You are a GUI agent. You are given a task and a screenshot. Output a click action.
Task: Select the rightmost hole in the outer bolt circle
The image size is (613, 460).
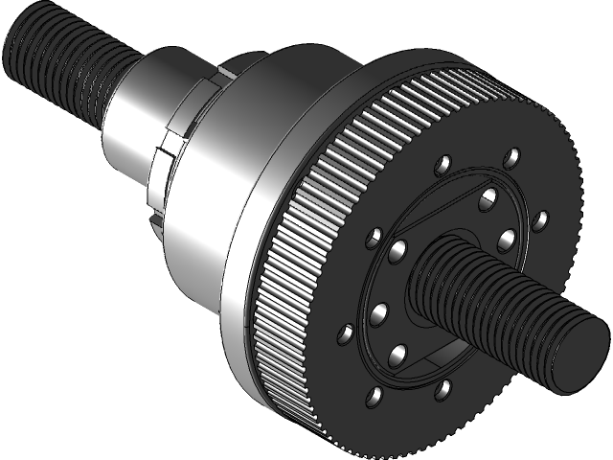pyautogui.click(x=539, y=218)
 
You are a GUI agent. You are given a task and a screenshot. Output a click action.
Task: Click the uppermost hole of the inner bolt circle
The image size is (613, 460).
pyautogui.click(x=488, y=198)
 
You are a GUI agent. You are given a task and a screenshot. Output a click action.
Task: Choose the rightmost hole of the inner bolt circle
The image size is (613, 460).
pyautogui.click(x=506, y=237)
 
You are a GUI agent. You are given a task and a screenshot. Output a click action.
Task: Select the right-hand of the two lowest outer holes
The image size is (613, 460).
pyautogui.click(x=443, y=389)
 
